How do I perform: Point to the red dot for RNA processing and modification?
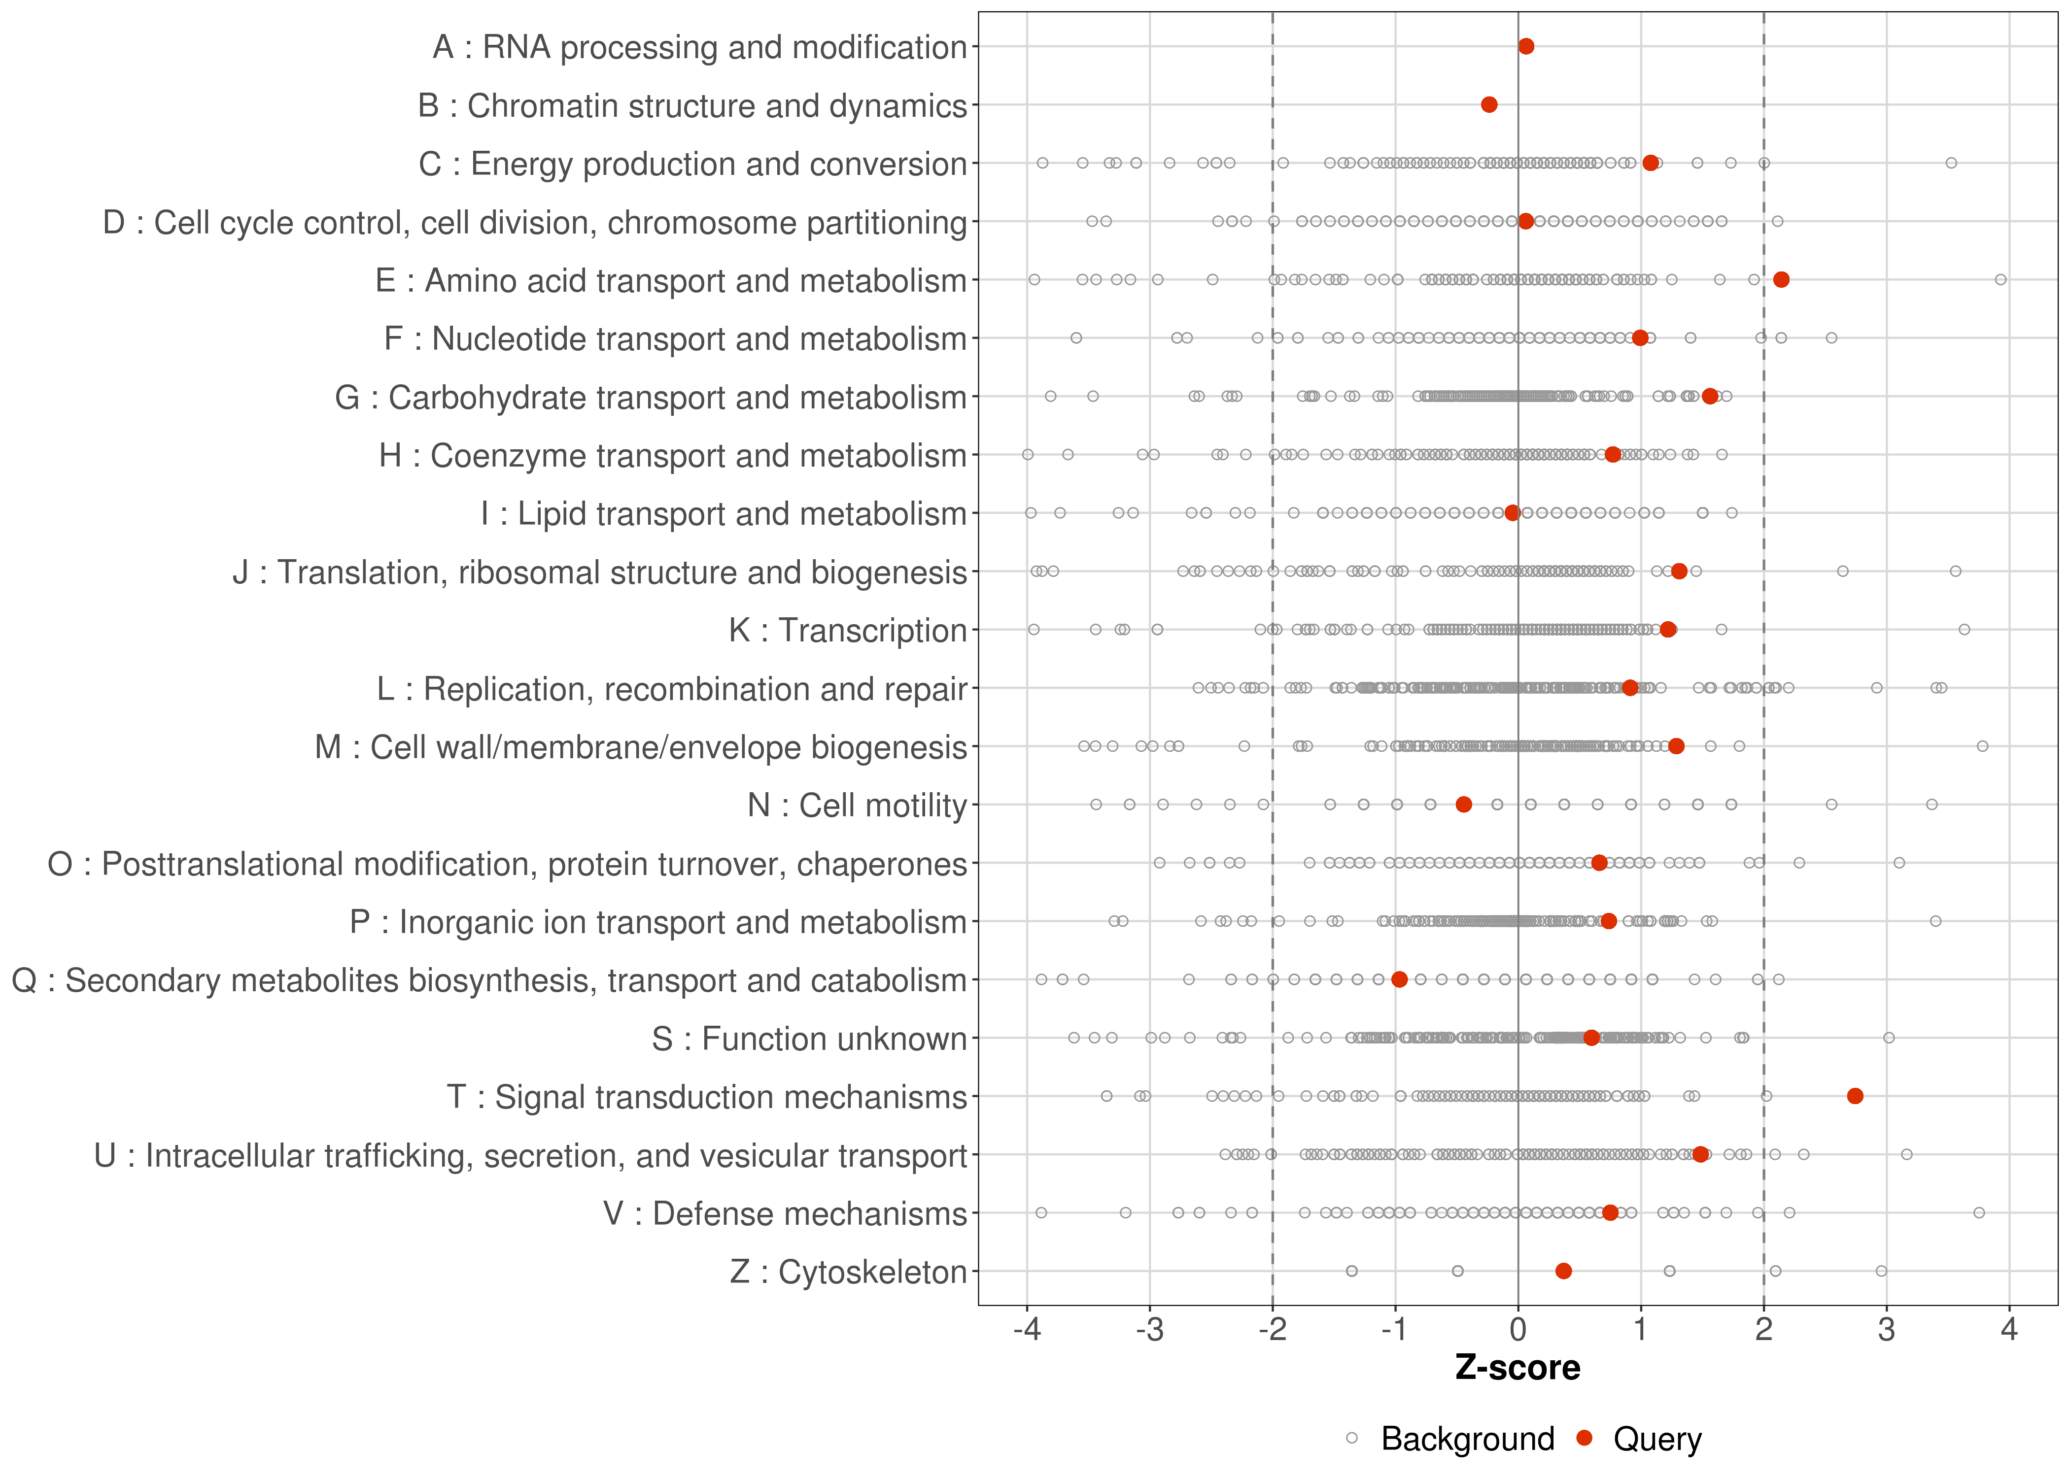(1526, 46)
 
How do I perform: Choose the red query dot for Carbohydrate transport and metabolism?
(1710, 396)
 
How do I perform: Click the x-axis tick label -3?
(1150, 1331)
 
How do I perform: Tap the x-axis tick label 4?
(2009, 1331)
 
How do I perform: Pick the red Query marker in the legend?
(1585, 1438)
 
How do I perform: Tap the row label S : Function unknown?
(809, 1039)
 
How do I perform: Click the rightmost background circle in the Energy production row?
(1951, 163)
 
